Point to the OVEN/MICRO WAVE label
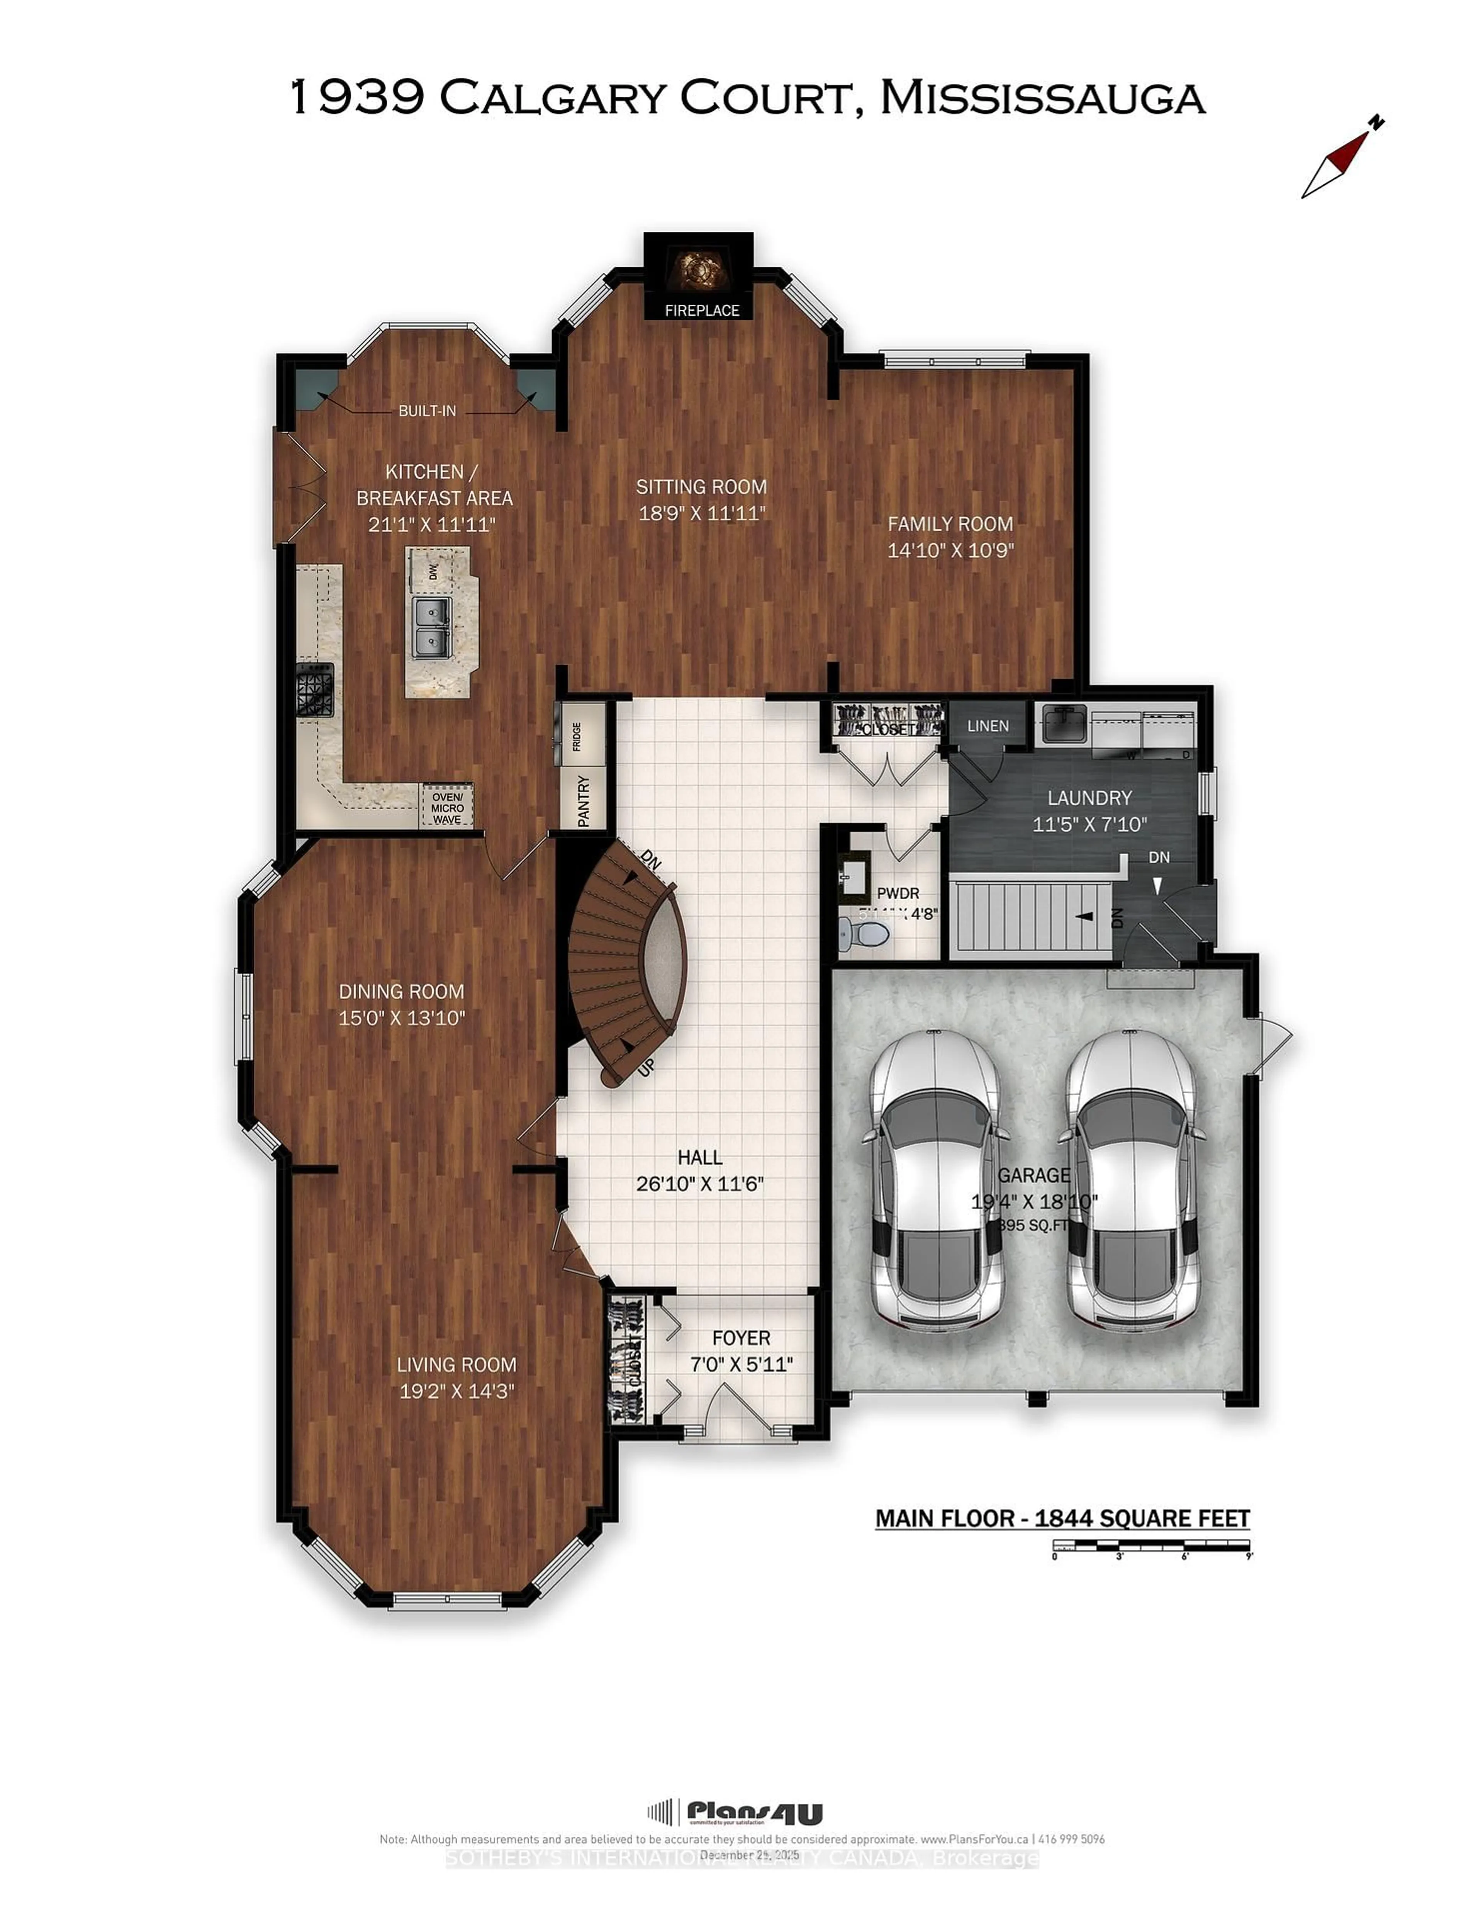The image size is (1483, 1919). click(x=447, y=807)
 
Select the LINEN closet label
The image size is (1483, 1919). click(x=988, y=726)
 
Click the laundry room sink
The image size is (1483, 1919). click(x=1063, y=724)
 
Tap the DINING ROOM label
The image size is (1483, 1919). click(x=402, y=991)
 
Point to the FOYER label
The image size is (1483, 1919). click(x=741, y=1337)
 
